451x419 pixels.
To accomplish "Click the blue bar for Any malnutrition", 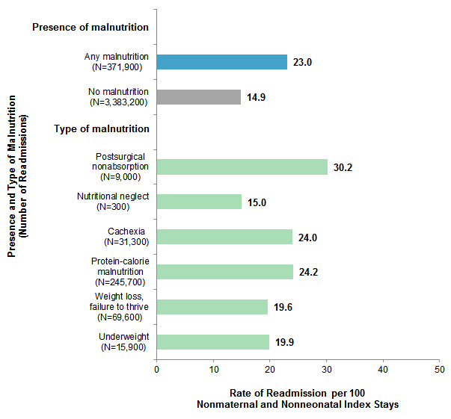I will [x=222, y=62].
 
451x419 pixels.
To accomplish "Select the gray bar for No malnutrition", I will [x=199, y=97].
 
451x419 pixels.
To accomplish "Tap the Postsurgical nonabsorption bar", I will [x=242, y=167].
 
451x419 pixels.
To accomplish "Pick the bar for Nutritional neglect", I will [x=199, y=202].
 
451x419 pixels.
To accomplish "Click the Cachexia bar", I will [x=224, y=237].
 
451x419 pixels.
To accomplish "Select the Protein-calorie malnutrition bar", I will [x=225, y=272].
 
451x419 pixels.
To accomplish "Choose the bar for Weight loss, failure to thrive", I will [x=212, y=307].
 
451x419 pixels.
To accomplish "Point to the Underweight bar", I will [x=213, y=342].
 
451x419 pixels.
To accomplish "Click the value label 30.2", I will [x=343, y=167].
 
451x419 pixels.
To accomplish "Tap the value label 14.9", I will [x=256, y=98].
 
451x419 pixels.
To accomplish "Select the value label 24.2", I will [x=308, y=273].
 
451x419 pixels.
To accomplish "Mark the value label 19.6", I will [x=283, y=308].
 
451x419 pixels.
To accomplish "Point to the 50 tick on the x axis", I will [x=440, y=369].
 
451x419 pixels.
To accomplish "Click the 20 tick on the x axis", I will [x=270, y=369].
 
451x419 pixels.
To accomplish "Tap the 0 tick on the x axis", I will [x=157, y=369].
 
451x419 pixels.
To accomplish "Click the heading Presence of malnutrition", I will [x=90, y=28].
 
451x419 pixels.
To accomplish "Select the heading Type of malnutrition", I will [x=102, y=129].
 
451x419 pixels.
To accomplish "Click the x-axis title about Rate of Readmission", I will [x=298, y=398].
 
